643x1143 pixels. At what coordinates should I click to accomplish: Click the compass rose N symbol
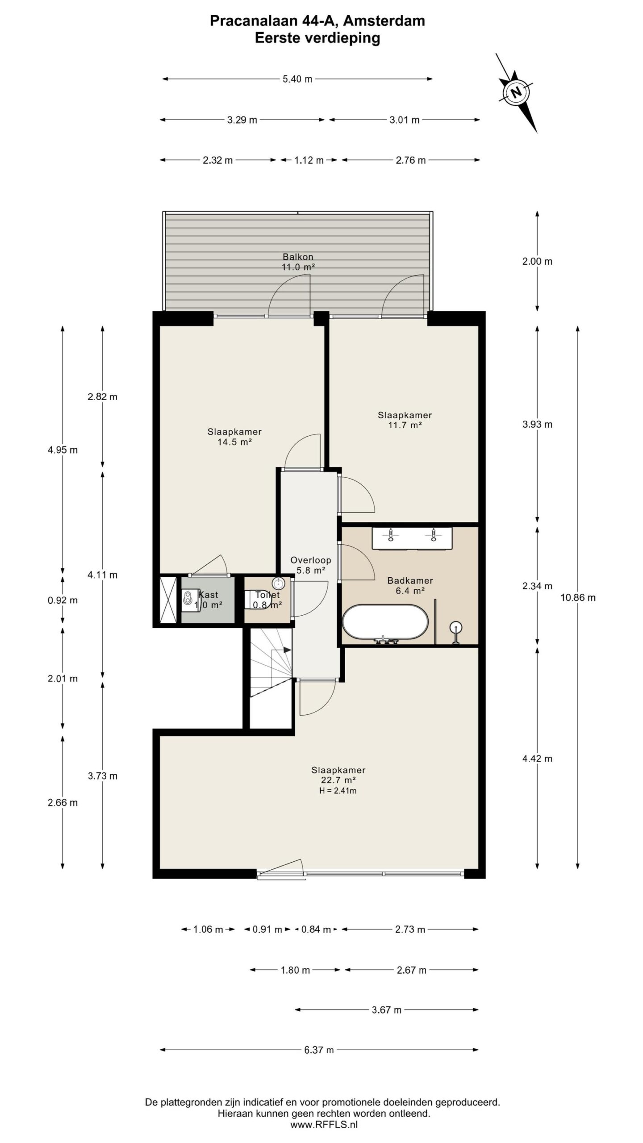pyautogui.click(x=516, y=93)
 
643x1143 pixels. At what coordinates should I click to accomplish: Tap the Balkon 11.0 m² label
pyautogui.click(x=298, y=262)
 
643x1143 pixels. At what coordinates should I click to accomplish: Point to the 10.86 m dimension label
pyautogui.click(x=578, y=597)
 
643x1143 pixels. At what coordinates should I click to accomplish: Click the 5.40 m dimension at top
pyautogui.click(x=297, y=79)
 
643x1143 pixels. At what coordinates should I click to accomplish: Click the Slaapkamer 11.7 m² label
pyautogui.click(x=405, y=420)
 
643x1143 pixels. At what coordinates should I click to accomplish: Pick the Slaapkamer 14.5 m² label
pyautogui.click(x=234, y=437)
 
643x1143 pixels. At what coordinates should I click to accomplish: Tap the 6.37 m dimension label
pyautogui.click(x=319, y=1050)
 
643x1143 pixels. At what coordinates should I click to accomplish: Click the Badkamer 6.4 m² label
pyautogui.click(x=410, y=585)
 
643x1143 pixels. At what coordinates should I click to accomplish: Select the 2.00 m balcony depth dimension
pyautogui.click(x=537, y=261)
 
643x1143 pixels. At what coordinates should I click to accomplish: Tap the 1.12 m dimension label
pyautogui.click(x=309, y=160)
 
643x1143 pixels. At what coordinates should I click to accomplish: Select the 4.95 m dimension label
pyautogui.click(x=63, y=450)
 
